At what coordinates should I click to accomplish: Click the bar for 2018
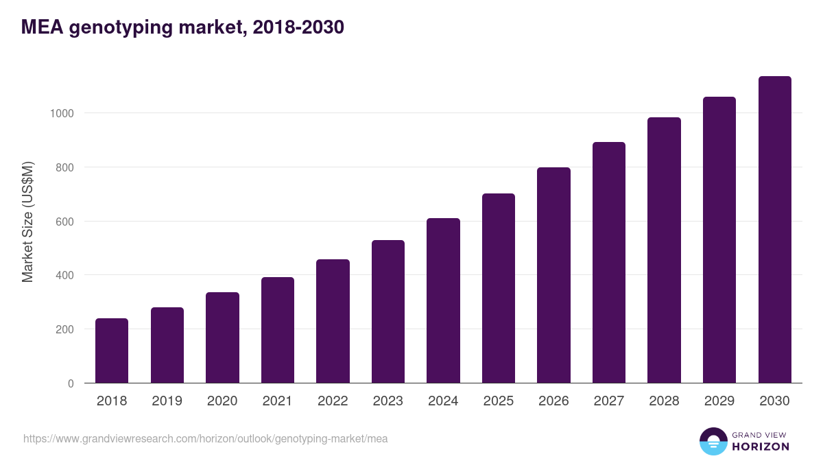tap(112, 351)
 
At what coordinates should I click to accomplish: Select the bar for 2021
tap(278, 330)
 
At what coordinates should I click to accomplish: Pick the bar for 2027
tap(609, 263)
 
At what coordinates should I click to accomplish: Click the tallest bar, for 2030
tap(774, 230)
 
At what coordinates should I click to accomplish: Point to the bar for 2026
tap(553, 275)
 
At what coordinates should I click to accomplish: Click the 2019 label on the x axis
tap(167, 401)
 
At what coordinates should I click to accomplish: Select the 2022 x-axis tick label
tap(333, 401)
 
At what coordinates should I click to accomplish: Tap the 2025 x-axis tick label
tap(499, 401)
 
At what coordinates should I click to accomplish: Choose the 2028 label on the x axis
tap(664, 401)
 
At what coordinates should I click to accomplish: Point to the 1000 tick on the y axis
tap(62, 113)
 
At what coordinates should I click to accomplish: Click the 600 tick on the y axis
tap(64, 222)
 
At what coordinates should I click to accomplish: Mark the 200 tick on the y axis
tap(64, 329)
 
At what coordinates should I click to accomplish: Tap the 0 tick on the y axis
tap(71, 383)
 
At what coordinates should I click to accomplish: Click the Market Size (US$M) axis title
tap(27, 222)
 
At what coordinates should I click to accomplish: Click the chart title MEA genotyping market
tap(182, 27)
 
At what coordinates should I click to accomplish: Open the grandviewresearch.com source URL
tap(205, 438)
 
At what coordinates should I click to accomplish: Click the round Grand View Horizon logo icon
tap(713, 441)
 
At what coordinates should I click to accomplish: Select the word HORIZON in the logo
tap(761, 447)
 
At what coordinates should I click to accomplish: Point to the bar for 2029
tap(719, 240)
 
